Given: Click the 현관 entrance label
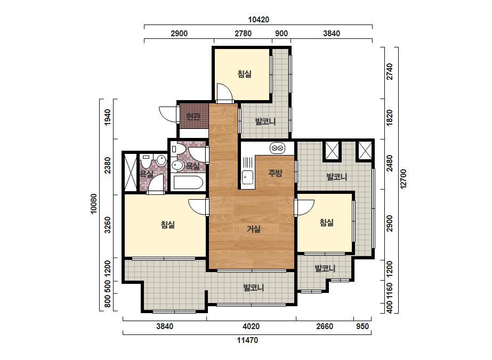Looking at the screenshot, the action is [193, 117].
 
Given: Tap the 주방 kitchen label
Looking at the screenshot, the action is [276, 173].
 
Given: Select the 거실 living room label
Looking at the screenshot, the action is [254, 229].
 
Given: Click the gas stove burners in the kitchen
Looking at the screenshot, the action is [277, 148].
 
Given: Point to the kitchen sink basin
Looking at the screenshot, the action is [247, 177].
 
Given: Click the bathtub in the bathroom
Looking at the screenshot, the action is [188, 183].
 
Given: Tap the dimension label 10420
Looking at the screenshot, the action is [259, 20].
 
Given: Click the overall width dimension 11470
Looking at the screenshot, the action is [247, 340].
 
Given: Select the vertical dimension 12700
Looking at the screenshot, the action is [403, 179].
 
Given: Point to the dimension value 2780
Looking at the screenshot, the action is [243, 33].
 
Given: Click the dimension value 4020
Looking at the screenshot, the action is [251, 326].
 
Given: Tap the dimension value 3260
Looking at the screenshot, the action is [108, 225].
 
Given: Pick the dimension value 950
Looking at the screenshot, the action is [362, 326].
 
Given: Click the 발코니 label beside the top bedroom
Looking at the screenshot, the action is [265, 121].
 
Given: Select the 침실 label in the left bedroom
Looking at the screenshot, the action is [167, 225].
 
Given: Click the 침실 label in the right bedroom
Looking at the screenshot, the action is [326, 223].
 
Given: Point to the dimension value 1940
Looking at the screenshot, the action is [108, 117].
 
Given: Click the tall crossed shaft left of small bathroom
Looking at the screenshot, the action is [131, 172].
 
